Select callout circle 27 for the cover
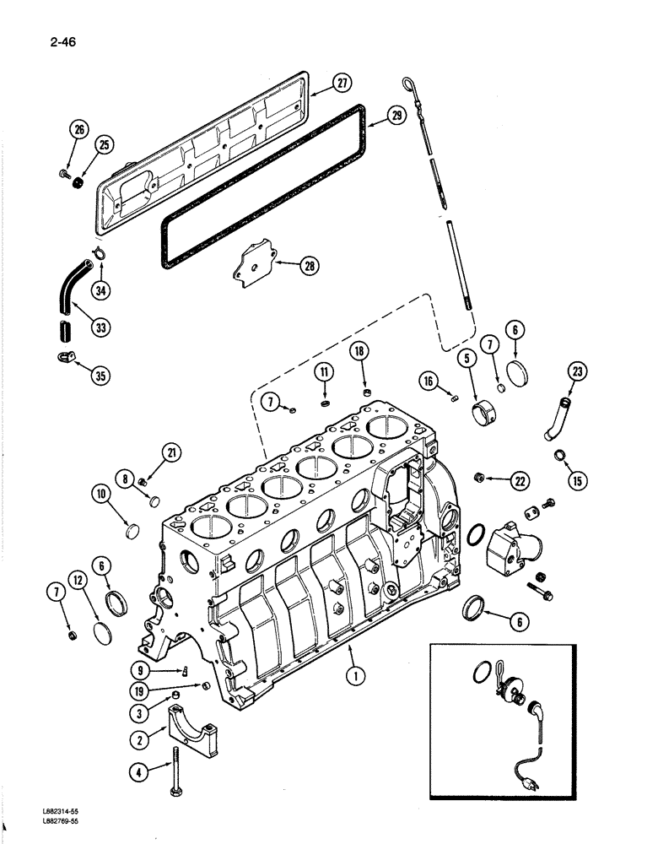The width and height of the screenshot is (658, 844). click(x=341, y=83)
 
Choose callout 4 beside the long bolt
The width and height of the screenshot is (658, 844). click(x=140, y=771)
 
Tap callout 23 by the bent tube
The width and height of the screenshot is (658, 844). click(x=579, y=371)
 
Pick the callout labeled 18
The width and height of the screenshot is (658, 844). click(x=360, y=353)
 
